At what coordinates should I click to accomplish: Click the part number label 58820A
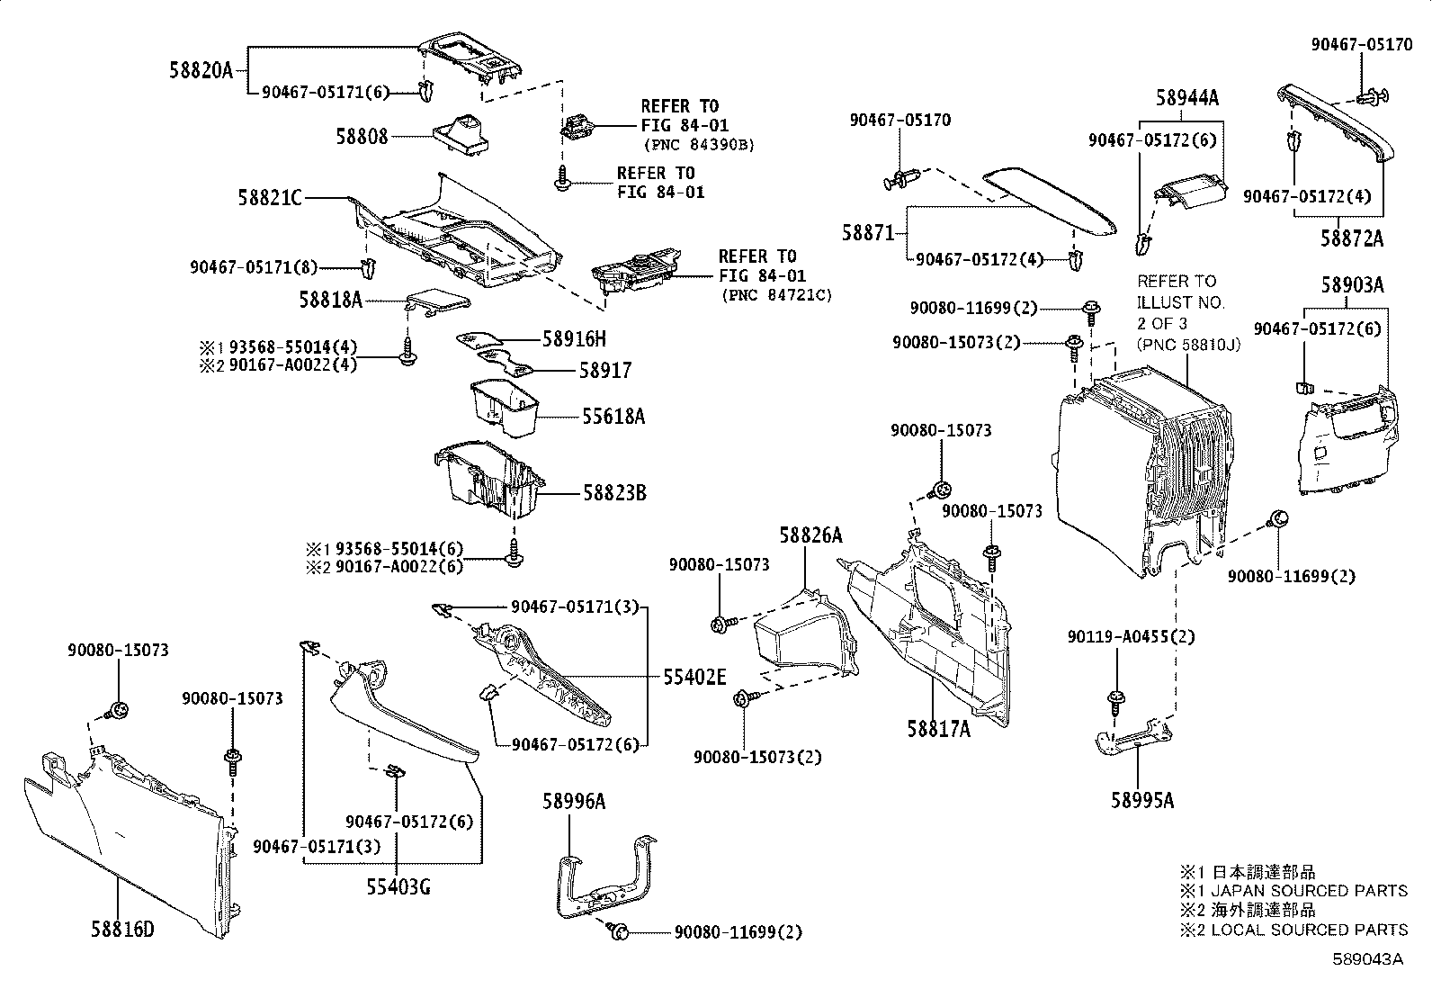pyautogui.click(x=201, y=69)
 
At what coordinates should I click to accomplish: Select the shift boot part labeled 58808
pyautogui.click(x=460, y=130)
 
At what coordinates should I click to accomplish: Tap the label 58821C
pyautogui.click(x=270, y=197)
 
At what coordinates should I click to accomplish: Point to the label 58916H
pyautogui.click(x=574, y=338)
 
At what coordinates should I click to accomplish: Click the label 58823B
pyautogui.click(x=614, y=493)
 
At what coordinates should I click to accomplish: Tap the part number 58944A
pyautogui.click(x=1187, y=98)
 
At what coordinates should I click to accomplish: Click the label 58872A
pyautogui.click(x=1352, y=238)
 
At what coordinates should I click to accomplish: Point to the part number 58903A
pyautogui.click(x=1352, y=285)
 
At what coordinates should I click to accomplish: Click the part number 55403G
pyautogui.click(x=398, y=887)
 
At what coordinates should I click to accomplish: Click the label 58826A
pyautogui.click(x=810, y=535)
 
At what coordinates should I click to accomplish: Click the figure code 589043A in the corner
pyautogui.click(x=1367, y=958)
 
